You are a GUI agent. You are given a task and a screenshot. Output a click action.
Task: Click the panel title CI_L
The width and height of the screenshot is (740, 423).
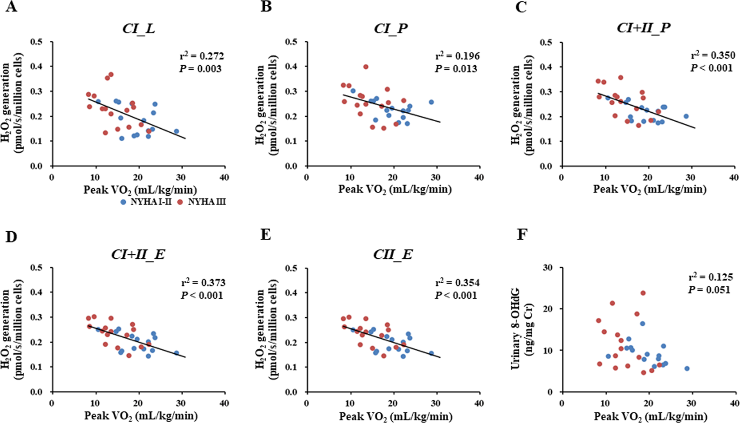point(139,29)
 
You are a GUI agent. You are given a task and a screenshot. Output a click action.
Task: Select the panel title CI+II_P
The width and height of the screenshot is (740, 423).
point(644,28)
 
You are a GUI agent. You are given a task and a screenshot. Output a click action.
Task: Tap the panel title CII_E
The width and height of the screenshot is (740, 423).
point(393,255)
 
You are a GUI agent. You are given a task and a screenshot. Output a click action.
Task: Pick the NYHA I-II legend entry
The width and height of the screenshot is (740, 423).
point(147,202)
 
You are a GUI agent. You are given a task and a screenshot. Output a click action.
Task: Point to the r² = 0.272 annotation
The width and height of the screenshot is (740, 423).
point(202,56)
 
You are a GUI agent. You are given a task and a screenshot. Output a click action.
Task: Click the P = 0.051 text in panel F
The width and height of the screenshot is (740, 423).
point(709,290)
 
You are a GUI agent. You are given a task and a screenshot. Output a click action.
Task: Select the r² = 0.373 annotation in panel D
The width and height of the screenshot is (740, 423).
point(203,283)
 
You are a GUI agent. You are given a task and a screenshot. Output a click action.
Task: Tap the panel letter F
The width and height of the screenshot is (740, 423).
point(522,235)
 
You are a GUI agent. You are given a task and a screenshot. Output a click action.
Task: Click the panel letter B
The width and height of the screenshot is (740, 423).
point(266,7)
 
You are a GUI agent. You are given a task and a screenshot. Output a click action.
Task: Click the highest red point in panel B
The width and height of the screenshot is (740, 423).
point(366,67)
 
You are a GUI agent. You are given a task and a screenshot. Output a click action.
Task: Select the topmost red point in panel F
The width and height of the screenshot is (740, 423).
point(643,293)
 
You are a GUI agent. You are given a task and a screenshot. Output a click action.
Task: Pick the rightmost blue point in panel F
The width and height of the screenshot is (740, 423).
point(687,369)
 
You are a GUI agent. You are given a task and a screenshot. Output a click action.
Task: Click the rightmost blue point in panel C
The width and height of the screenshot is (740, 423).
point(686,116)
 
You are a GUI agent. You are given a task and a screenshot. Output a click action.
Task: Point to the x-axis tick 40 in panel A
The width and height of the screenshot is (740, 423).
point(224,178)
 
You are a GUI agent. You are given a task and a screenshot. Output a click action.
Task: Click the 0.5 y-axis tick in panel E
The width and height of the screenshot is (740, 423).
point(292,268)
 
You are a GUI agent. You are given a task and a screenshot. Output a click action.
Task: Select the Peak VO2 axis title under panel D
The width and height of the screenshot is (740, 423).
point(141,416)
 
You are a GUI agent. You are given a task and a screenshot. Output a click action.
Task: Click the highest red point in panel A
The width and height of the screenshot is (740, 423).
point(111,74)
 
